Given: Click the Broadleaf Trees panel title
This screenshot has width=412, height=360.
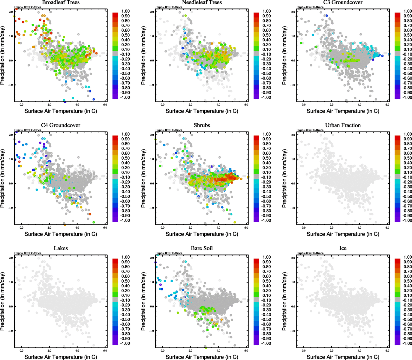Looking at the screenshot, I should coord(61,2).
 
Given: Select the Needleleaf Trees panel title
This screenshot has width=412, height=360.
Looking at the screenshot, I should coord(202,2).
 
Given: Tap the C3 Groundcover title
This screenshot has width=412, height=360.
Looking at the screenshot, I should coord(343,2).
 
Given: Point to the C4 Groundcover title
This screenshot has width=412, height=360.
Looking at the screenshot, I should coord(61,125).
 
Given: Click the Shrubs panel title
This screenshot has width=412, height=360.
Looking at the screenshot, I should coord(202,125).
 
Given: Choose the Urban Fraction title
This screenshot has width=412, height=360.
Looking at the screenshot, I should coord(343,125).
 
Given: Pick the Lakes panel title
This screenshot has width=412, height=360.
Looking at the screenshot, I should coord(61,248).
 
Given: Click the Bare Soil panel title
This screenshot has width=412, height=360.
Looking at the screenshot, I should coord(202,248).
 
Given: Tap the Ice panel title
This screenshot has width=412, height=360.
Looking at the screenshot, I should coord(343,248).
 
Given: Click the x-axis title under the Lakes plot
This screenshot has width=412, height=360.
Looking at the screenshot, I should coord(61,357).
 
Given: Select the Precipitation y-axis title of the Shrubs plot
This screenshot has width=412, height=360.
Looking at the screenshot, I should coord(143,179).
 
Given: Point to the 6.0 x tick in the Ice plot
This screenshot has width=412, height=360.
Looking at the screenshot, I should coord(387,350).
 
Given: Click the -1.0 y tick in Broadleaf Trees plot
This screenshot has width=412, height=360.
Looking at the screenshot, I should coord(11,85).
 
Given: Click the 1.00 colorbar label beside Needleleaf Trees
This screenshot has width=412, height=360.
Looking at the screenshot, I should coord(266,11).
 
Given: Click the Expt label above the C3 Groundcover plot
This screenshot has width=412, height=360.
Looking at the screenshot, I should coord(310,7).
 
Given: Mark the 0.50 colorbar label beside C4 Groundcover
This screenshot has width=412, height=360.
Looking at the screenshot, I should coord(125,158).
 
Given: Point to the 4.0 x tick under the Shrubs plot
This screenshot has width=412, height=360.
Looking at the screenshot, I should coord(218,228).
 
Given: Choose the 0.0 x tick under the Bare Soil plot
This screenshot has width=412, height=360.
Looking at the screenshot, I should coord(163,350).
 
